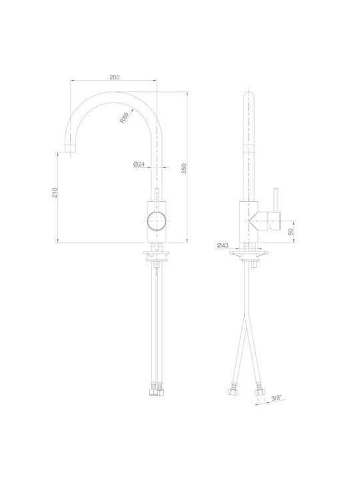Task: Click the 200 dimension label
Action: coord(115,77)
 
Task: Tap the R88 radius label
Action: coord(124,118)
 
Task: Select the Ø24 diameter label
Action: coord(139,165)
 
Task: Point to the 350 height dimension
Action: coord(184,169)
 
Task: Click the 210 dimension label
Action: coord(55,193)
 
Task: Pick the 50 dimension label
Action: coord(291,232)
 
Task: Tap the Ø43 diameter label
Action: coord(223,245)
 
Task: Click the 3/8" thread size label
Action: coord(276,397)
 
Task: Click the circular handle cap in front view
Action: coord(157,220)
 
